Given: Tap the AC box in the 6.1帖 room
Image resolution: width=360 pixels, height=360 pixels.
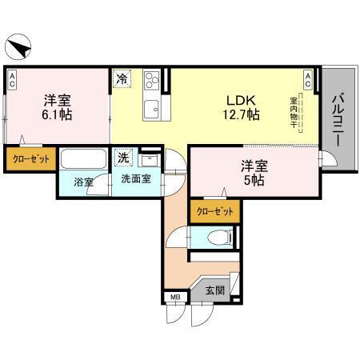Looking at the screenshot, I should click(x=14, y=78).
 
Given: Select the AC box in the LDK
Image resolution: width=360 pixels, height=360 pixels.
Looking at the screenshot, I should click(x=308, y=78).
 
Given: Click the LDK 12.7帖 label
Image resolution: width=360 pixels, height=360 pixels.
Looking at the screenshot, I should click(x=241, y=108).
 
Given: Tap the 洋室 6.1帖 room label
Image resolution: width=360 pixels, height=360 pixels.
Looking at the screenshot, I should click(x=58, y=108).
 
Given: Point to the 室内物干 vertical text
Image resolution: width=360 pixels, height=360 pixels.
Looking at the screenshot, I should click(x=294, y=113).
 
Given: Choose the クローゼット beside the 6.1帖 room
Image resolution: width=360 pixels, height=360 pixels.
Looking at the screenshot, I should click(x=31, y=159).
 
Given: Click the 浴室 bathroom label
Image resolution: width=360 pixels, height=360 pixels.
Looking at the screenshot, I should click(x=84, y=182).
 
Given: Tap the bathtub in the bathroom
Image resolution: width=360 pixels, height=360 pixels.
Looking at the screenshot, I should click(x=85, y=158).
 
